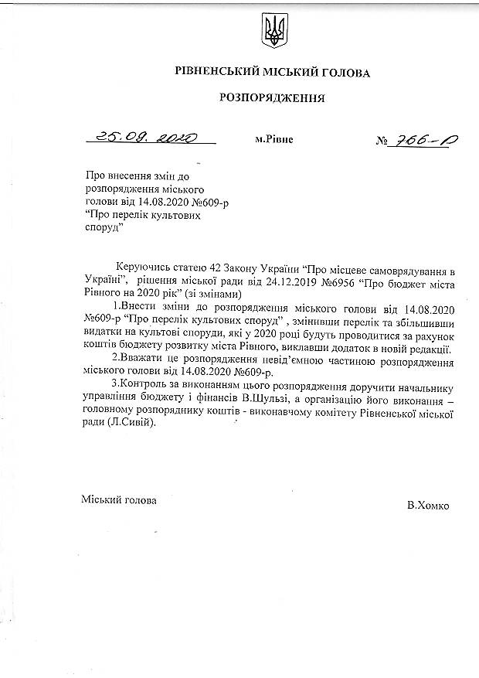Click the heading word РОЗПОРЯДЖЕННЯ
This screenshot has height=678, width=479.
[273, 98]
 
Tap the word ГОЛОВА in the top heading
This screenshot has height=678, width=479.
[342, 73]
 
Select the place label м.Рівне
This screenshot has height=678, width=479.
[273, 141]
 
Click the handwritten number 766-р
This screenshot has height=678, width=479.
[423, 141]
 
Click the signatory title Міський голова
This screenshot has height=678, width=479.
[119, 500]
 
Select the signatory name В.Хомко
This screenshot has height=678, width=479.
[428, 506]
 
